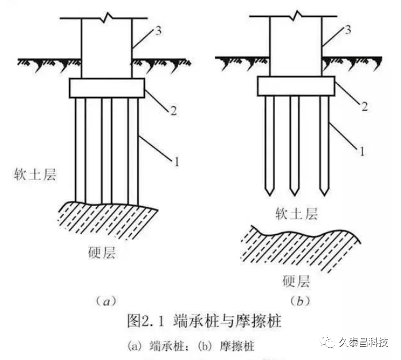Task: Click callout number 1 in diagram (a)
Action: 174,158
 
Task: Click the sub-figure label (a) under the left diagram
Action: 106,300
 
